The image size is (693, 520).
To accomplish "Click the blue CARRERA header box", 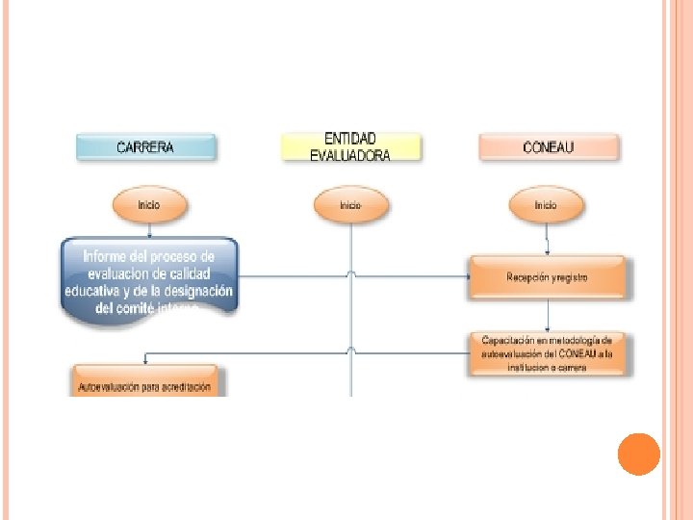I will [x=145, y=147].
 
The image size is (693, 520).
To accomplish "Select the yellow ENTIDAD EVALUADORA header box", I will [x=350, y=147].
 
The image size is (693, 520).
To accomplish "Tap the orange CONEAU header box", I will [x=548, y=147].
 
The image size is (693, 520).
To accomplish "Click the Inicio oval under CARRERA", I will [x=148, y=205].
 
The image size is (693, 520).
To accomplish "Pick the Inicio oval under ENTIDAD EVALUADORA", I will [x=350, y=205].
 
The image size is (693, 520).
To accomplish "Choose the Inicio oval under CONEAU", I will [x=546, y=205].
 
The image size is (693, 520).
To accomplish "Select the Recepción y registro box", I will [x=548, y=277].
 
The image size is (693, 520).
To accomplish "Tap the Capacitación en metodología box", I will [x=548, y=353].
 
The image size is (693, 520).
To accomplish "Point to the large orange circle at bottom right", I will [x=638, y=455].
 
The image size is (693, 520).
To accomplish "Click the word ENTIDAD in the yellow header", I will [x=350, y=140].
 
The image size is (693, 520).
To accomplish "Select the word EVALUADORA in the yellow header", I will [x=350, y=155].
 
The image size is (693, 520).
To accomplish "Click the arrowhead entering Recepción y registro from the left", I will [x=467, y=277].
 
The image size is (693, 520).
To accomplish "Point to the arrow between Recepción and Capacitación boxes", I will [x=548, y=315].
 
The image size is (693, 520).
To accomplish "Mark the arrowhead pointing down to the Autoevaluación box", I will [x=145, y=362].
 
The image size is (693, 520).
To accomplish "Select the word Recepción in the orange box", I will [x=528, y=277].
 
